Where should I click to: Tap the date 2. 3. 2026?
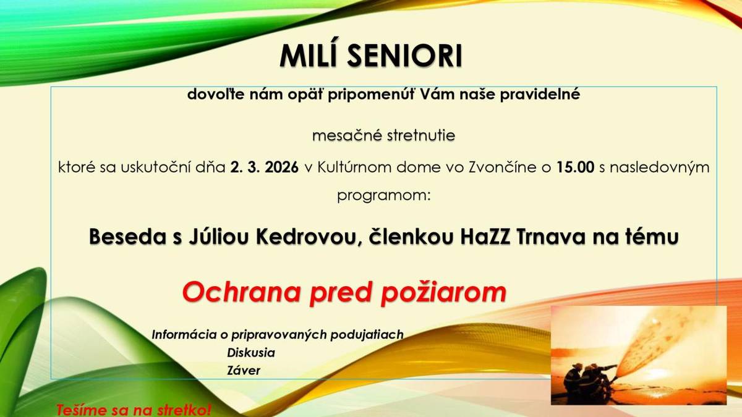point(265,167)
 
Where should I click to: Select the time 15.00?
point(575,167)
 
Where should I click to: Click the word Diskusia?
point(251,353)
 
